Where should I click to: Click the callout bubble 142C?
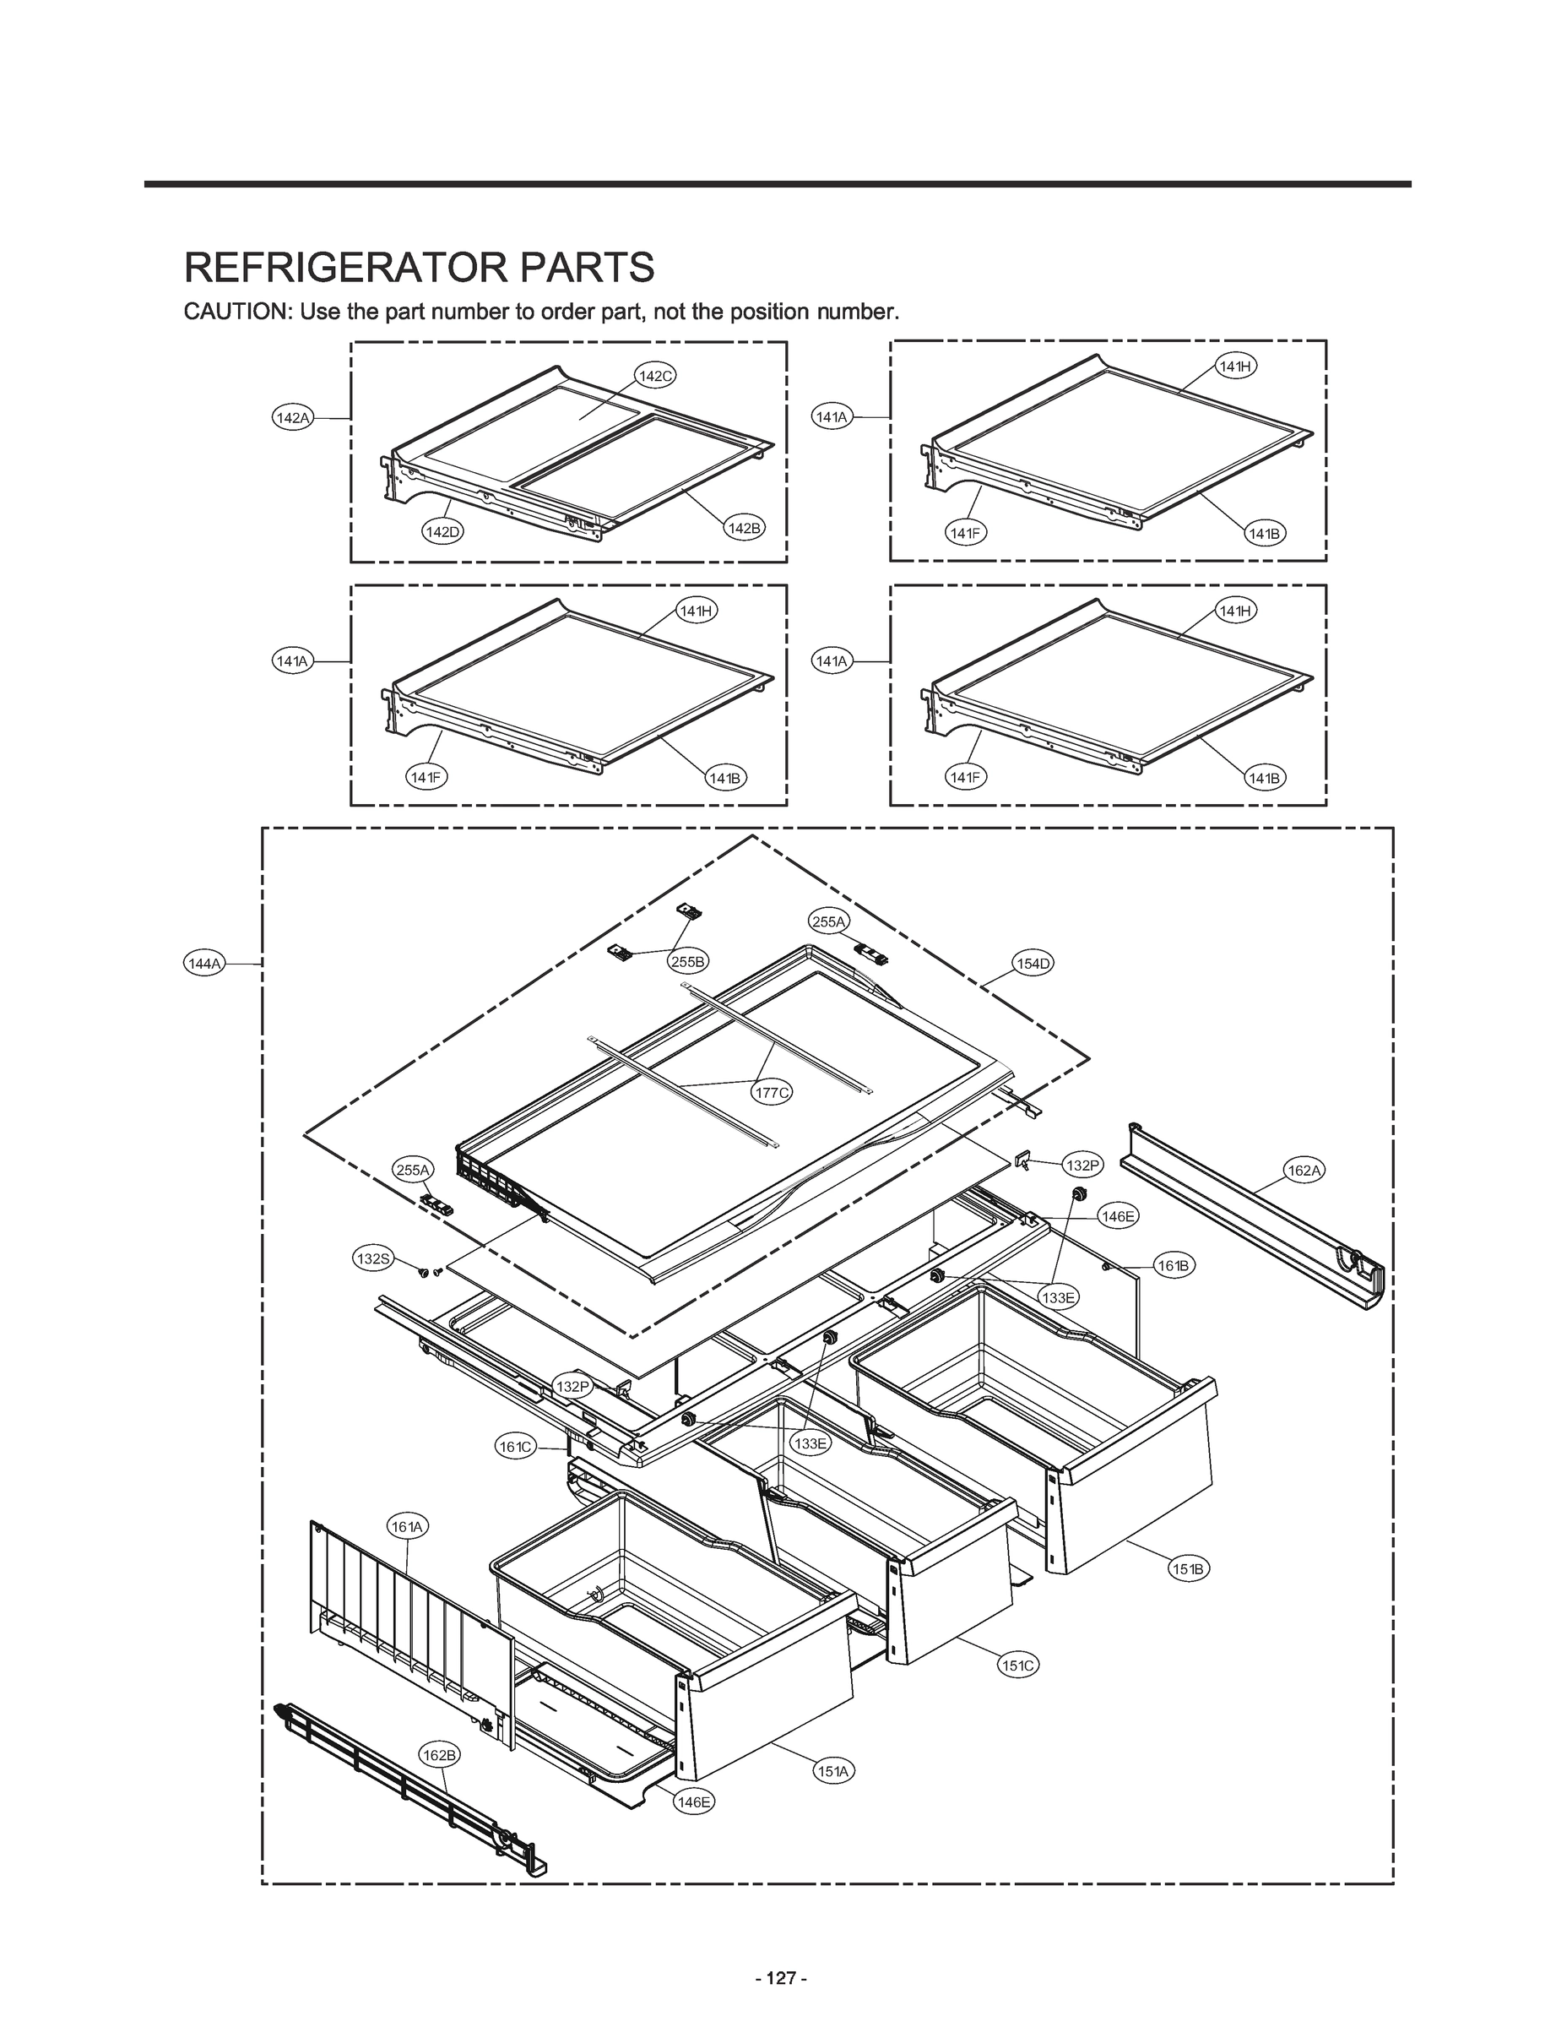656,375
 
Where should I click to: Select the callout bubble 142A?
293,418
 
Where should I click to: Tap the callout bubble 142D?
442,532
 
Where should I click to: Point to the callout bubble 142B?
744,528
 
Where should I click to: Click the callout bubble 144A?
204,964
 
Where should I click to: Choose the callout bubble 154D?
1033,964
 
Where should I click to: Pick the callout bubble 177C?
772,1093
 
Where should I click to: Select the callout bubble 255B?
688,962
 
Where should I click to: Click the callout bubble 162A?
1304,1170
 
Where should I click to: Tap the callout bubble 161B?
1174,1265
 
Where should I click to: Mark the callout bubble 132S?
373,1258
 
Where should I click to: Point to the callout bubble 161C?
516,1447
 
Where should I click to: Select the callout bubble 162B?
439,1755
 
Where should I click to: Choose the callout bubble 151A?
833,1771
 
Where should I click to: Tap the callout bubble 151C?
1018,1665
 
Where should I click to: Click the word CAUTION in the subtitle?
236,312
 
